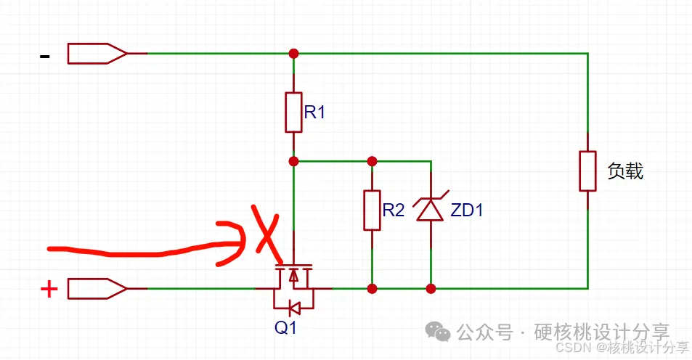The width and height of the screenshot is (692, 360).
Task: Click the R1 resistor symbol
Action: point(293,112)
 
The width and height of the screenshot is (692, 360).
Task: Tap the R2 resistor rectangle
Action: point(372,210)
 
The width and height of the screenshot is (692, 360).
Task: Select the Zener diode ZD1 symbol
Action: point(431,210)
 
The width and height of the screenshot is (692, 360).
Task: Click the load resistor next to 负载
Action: point(587,171)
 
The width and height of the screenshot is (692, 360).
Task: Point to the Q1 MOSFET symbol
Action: point(293,279)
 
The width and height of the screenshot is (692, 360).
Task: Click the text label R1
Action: point(315,112)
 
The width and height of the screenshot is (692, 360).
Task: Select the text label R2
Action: point(394,211)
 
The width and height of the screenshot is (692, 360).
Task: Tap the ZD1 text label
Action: point(467,211)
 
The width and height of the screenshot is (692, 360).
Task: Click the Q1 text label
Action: point(285,328)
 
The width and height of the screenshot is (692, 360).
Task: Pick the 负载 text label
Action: point(625,172)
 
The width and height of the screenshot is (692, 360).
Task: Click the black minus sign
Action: point(45,55)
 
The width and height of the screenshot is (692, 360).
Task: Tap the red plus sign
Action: point(49,290)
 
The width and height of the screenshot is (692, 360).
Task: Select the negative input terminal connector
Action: point(97,53)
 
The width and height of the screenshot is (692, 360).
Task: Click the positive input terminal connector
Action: point(97,289)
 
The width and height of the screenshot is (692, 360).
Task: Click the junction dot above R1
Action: point(293,53)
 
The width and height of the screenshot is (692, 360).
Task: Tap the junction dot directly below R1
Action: point(293,160)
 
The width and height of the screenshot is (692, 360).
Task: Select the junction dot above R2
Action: point(372,160)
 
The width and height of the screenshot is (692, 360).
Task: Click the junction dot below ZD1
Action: point(431,289)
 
